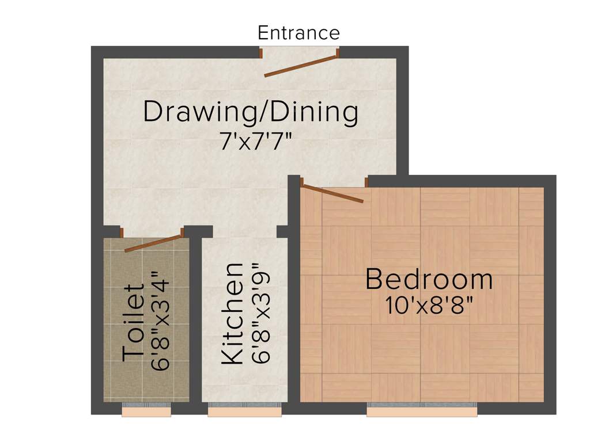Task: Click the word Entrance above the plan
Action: point(298,32)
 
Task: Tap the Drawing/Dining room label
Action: point(251,112)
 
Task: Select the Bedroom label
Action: point(429,280)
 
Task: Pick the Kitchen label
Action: point(233,313)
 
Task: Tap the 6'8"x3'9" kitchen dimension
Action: point(261,313)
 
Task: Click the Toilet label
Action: point(134,322)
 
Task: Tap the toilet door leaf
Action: point(153,243)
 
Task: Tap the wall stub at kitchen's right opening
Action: point(282,231)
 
